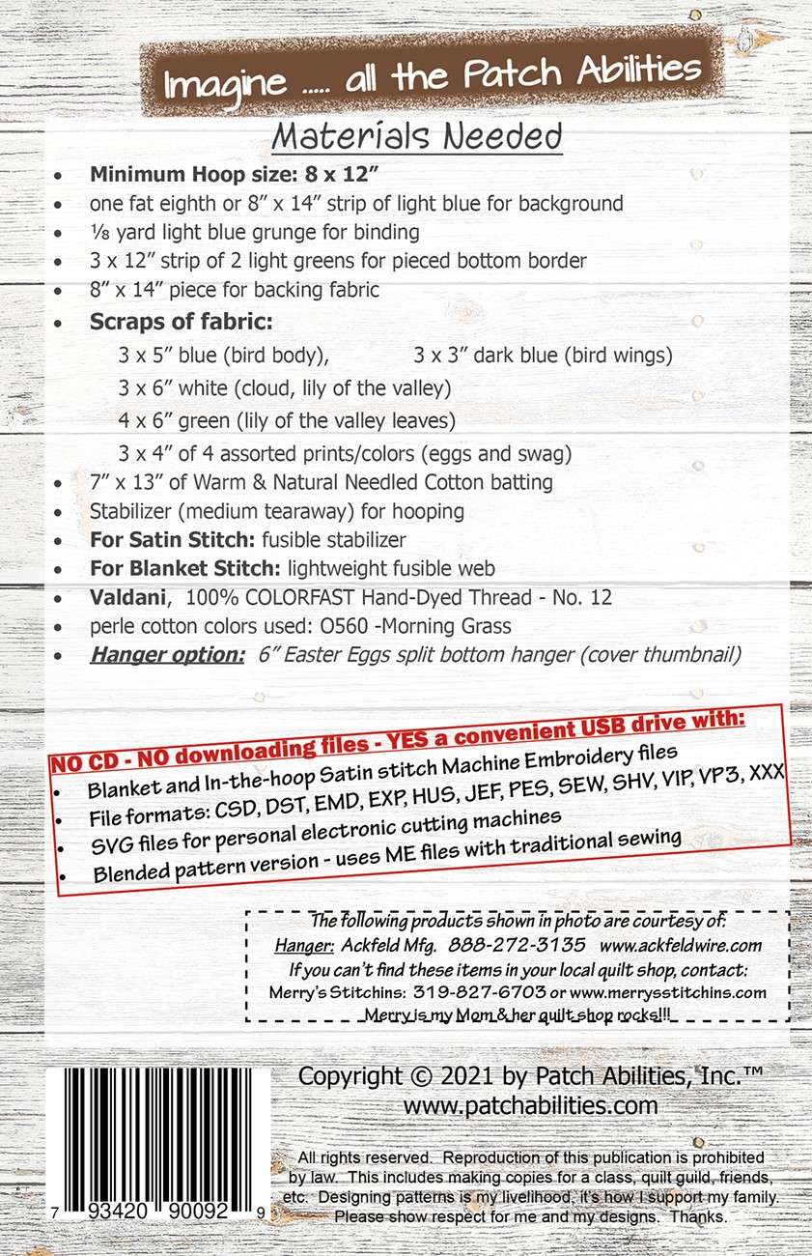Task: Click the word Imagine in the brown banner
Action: [213, 85]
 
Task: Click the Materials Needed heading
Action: [416, 137]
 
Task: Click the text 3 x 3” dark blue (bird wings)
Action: [543, 355]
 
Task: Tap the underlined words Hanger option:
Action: [168, 655]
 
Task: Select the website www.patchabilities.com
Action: [530, 1105]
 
